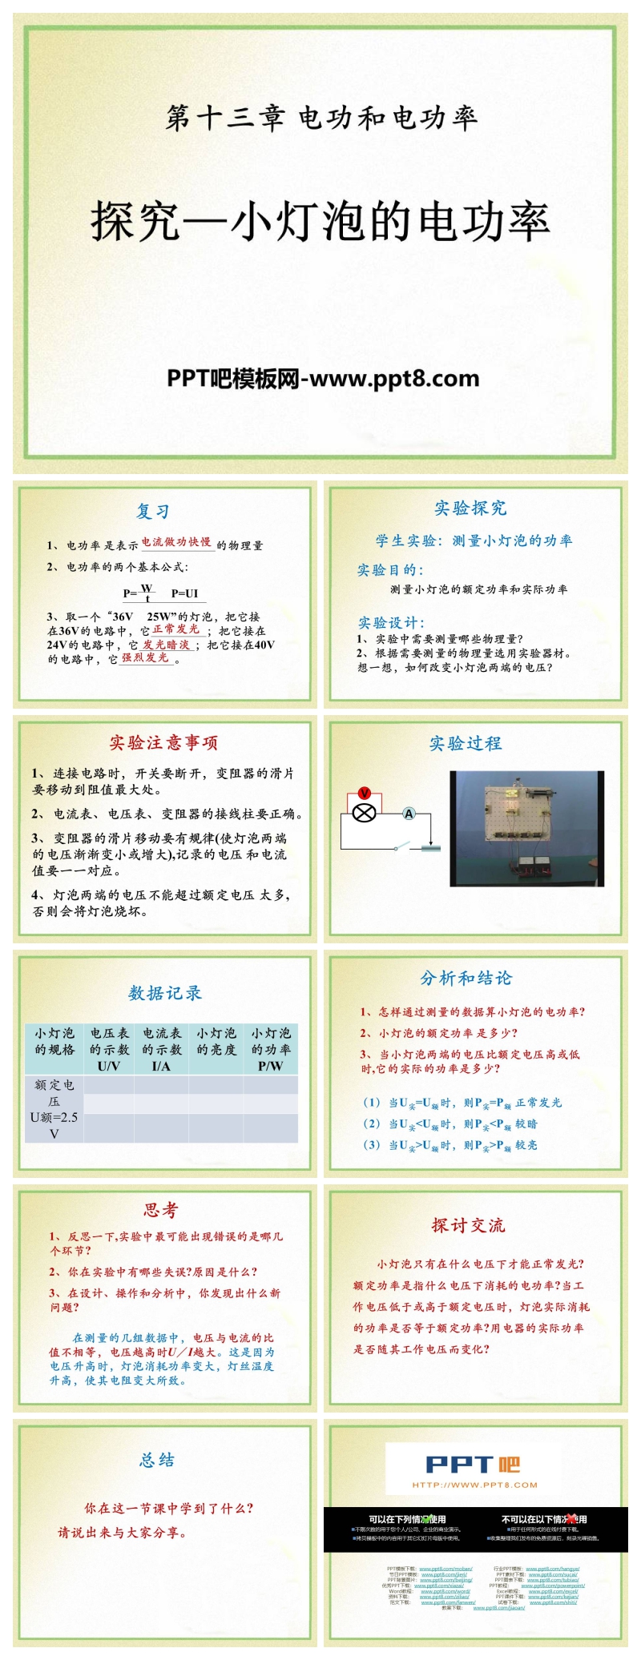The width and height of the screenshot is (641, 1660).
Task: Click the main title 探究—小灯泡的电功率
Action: pos(320,222)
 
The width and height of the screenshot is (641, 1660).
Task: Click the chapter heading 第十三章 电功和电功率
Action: pos(320,119)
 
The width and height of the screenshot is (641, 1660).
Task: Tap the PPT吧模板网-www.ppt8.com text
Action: pos(323,379)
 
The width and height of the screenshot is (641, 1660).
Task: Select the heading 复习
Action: pos(152,512)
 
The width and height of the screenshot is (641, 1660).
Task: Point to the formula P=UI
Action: pos(184,593)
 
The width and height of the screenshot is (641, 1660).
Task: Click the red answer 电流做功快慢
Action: pos(177,542)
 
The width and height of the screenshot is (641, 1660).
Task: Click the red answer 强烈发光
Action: pos(146,657)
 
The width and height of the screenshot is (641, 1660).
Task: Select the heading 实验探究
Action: pos(470,508)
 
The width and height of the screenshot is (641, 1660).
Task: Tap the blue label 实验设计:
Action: pos(391,622)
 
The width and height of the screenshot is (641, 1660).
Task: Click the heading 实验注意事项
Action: pos(163,742)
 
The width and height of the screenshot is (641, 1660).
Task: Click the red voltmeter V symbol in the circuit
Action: pos(365,793)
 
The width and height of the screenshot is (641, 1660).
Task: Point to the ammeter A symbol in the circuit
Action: pos(409,814)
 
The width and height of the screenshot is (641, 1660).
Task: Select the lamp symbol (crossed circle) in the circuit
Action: pos(365,814)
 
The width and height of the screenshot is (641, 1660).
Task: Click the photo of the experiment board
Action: pos(526,828)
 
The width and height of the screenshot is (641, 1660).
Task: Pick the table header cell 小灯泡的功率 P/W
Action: pos(271,1049)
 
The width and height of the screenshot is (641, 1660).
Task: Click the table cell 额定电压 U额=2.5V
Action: pos(54,1108)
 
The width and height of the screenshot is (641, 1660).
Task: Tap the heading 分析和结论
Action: pos(466,978)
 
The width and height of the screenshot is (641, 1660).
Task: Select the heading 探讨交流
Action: pos(468,1225)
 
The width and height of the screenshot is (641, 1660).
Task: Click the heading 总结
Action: pos(157,1460)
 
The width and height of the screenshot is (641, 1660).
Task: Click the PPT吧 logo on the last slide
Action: pos(473,1465)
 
